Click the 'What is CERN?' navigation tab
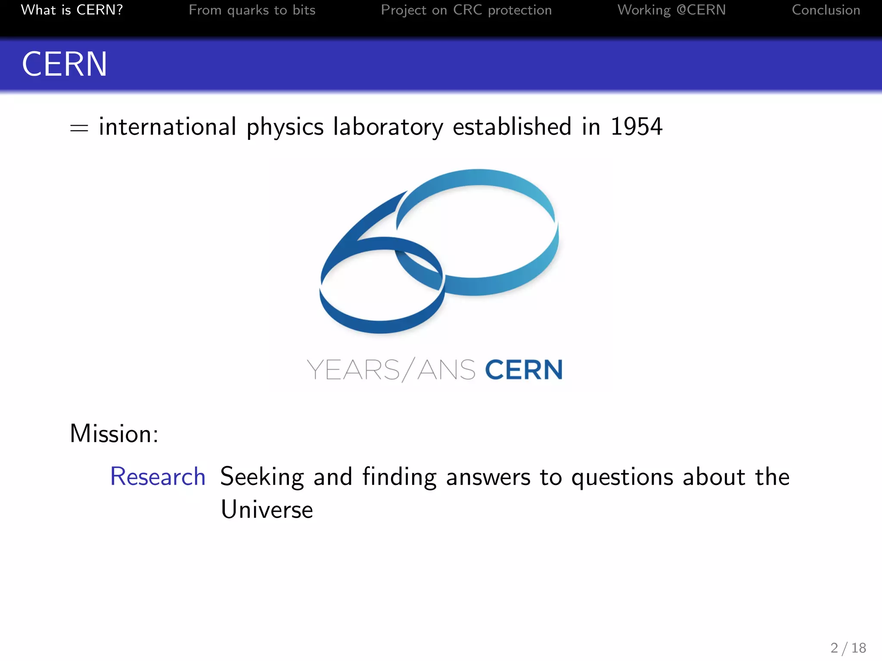tap(72, 10)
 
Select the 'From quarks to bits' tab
tap(252, 10)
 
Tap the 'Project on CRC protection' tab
tap(466, 10)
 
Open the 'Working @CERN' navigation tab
tap(671, 10)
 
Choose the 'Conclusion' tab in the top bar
tap(826, 10)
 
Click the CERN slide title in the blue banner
tap(65, 64)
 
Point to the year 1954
tap(636, 127)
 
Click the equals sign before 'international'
tap(79, 128)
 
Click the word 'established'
tap(512, 127)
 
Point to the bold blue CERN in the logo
tap(524, 370)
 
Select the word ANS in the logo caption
tap(446, 370)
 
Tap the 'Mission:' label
tap(114, 433)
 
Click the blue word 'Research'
tap(158, 476)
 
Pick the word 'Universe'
tap(267, 510)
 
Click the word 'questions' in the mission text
tap(622, 477)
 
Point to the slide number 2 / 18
tap(848, 648)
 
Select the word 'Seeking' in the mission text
tap(262, 477)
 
